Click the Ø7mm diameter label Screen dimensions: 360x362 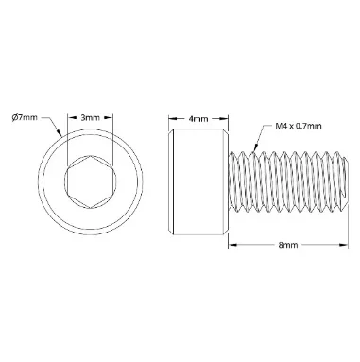click(25, 118)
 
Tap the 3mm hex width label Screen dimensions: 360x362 click(90, 118)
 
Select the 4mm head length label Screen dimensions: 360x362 click(198, 119)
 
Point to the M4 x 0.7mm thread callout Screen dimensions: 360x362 click(299, 126)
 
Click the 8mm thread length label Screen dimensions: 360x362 click(288, 245)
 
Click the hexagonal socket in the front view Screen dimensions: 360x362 click(91, 181)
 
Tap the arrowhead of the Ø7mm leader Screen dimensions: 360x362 click(59, 131)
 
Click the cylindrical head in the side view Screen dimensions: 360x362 click(198, 181)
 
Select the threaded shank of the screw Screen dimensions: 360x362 click(288, 181)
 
